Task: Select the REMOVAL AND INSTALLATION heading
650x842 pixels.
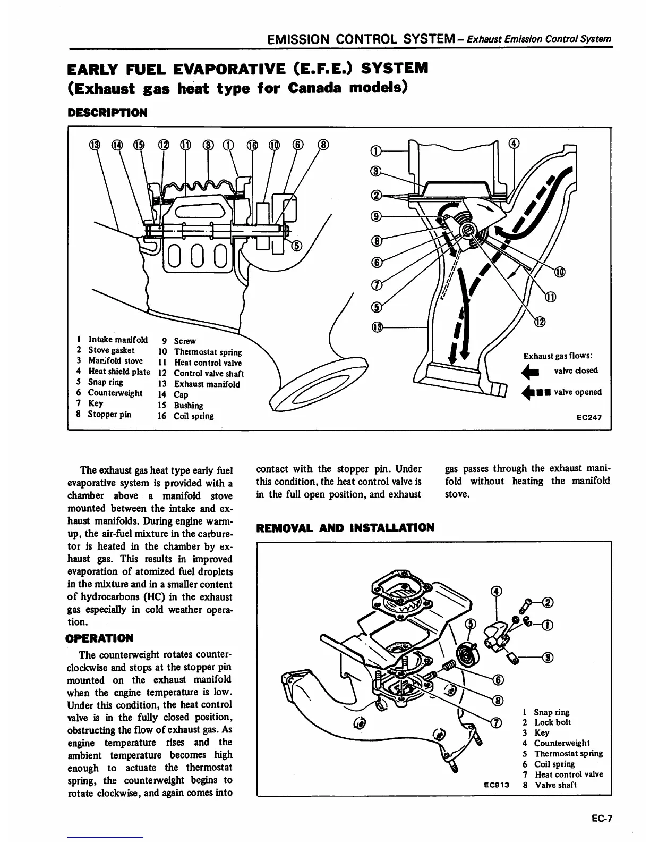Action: pos(345,528)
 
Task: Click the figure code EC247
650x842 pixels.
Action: pos(589,417)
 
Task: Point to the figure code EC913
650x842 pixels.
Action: pos(497,785)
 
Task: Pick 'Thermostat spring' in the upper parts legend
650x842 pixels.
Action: pos(208,352)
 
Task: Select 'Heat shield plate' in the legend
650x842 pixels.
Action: pos(119,372)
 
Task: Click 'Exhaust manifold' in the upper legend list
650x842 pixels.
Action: pos(207,384)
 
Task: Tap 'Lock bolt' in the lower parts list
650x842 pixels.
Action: pos(552,722)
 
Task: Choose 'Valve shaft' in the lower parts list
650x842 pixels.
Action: pos(555,785)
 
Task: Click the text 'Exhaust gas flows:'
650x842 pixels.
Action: pos(558,356)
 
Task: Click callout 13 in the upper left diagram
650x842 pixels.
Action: pos(94,145)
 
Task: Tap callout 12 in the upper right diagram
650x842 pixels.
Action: pos(540,322)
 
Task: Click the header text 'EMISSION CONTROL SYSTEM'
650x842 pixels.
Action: pos(360,39)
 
